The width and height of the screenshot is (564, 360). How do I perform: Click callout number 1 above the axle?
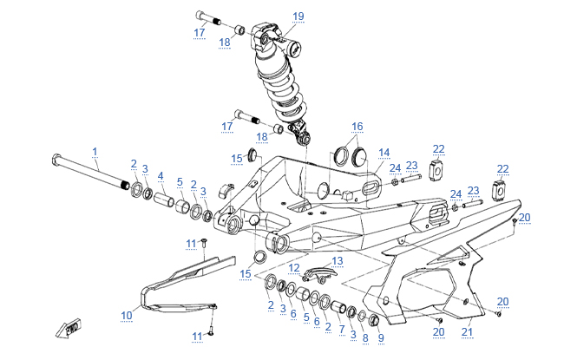95,151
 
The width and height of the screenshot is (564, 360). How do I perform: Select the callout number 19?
298,16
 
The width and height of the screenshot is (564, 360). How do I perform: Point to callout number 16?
357,127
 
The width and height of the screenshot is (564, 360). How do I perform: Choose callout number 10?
127,315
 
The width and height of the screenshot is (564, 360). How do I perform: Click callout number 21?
467,332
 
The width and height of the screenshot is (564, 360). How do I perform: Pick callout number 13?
338,260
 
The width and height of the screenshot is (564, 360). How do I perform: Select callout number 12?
294,267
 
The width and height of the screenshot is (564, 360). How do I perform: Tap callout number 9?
379,337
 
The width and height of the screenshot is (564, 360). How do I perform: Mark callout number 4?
160,176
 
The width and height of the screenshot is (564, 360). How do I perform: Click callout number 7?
340,330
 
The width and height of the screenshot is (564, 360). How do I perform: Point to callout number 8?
364,337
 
